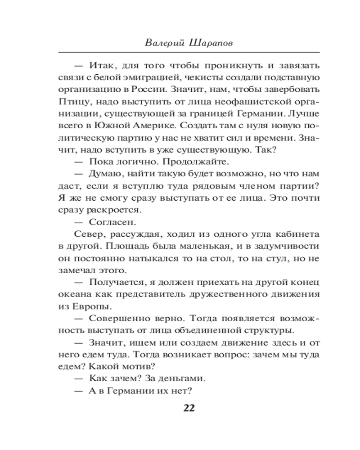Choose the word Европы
(96, 306)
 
